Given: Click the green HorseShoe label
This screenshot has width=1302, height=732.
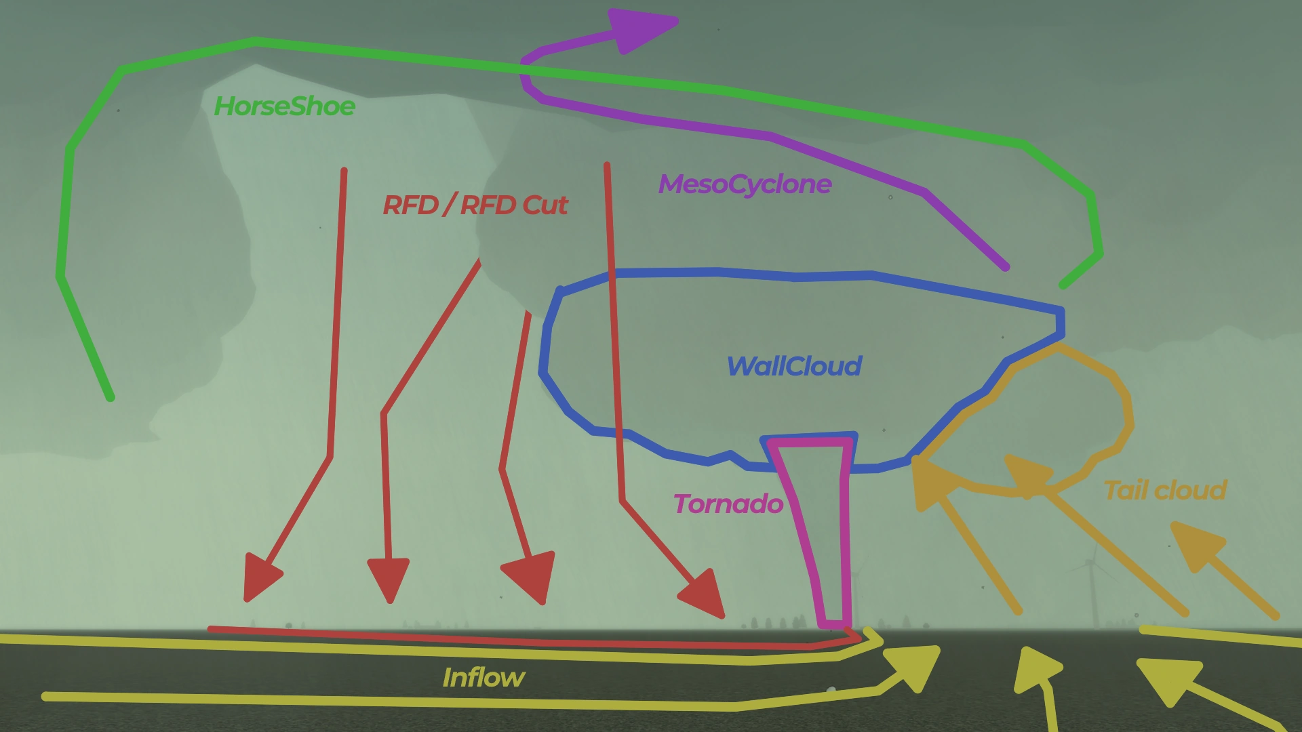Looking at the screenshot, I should (284, 106).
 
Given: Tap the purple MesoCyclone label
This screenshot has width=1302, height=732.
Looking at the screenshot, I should (745, 184).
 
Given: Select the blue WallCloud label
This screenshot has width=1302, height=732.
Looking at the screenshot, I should (793, 367).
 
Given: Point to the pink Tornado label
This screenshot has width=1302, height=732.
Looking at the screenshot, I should (728, 504).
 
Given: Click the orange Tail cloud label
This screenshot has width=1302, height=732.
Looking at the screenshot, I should (1165, 490).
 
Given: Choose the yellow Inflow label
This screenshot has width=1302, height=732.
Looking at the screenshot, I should (483, 678).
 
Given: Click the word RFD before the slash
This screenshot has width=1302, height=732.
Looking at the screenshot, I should (410, 205).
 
